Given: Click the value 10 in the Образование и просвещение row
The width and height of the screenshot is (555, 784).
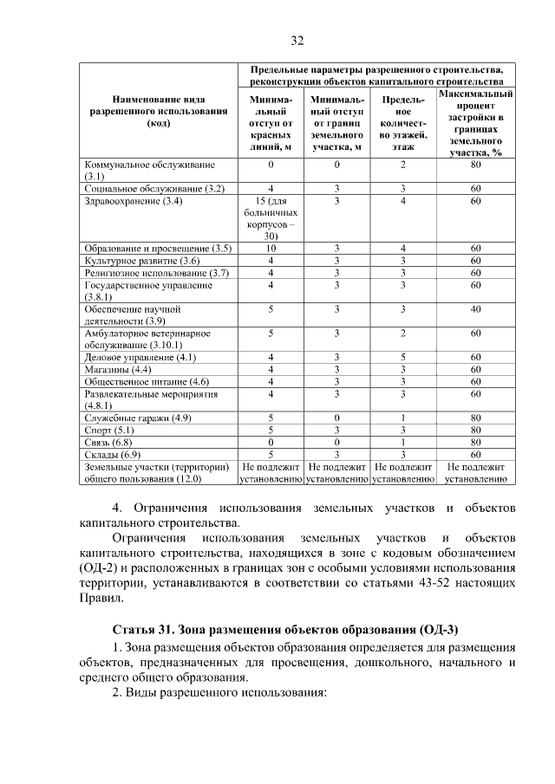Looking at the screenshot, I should [271, 249].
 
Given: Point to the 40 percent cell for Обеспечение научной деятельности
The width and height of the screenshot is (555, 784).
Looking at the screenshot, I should [475, 308].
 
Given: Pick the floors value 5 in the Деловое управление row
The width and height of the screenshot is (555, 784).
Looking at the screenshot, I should [402, 357].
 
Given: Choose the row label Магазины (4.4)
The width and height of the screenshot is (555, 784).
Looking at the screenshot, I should [117, 369].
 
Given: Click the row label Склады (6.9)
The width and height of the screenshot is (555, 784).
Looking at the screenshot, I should [112, 453].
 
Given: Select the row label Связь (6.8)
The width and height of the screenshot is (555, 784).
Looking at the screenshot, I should [109, 441].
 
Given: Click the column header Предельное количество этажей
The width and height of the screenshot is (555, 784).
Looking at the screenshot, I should [402, 123].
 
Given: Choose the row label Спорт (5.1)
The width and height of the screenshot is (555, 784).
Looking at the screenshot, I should [110, 429].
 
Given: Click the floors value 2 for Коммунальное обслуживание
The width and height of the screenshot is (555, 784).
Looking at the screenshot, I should [402, 165].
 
